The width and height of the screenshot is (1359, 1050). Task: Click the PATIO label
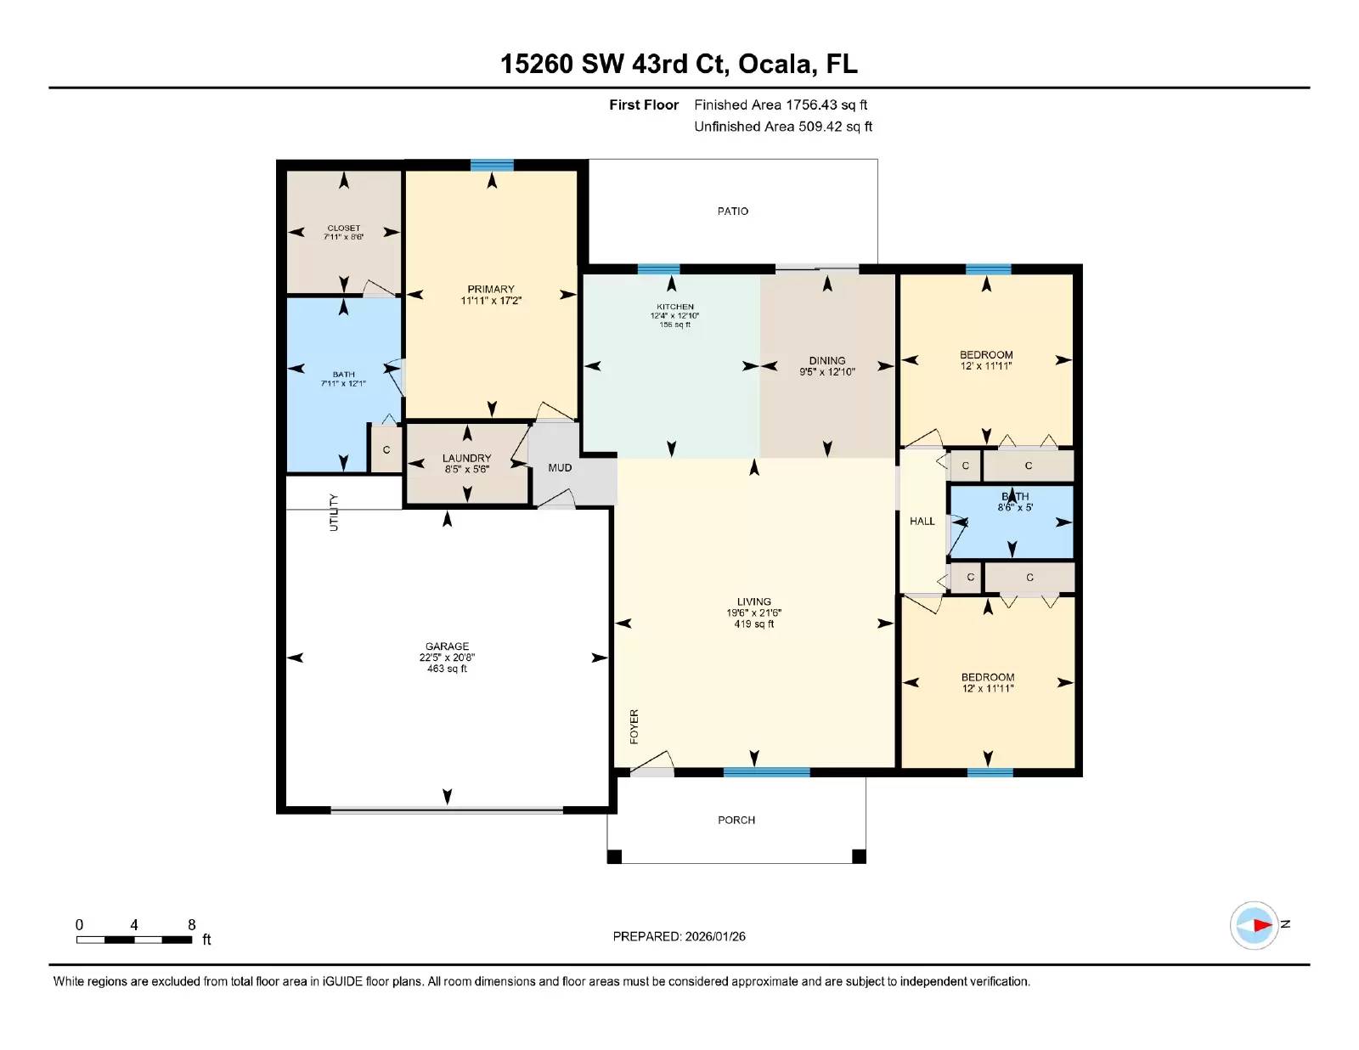point(732,211)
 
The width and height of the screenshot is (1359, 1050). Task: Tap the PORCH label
point(736,820)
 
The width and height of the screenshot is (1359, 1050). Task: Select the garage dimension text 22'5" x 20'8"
point(447,658)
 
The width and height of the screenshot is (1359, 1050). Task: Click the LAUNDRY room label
point(466,458)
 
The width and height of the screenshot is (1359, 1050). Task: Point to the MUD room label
point(560,467)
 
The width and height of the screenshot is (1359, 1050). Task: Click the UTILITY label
point(334,512)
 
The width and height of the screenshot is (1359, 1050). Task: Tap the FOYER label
point(634,726)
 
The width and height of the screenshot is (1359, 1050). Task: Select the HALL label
point(922,521)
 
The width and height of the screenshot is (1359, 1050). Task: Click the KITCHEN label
point(674,307)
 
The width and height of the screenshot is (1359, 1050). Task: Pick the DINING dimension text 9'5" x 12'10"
point(826,372)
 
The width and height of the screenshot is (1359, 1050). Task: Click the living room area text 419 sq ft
point(753,624)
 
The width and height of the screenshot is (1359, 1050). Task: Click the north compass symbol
point(1255,925)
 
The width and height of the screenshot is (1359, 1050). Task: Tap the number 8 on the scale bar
point(192,924)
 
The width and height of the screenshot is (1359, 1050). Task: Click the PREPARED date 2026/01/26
point(714,936)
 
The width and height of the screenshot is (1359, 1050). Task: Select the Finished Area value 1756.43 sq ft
point(826,104)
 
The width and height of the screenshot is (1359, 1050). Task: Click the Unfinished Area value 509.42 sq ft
point(834,127)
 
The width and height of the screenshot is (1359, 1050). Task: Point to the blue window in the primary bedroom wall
point(492,166)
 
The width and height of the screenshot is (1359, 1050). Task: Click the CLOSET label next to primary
point(343,228)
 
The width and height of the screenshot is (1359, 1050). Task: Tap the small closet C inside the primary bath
point(386,449)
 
